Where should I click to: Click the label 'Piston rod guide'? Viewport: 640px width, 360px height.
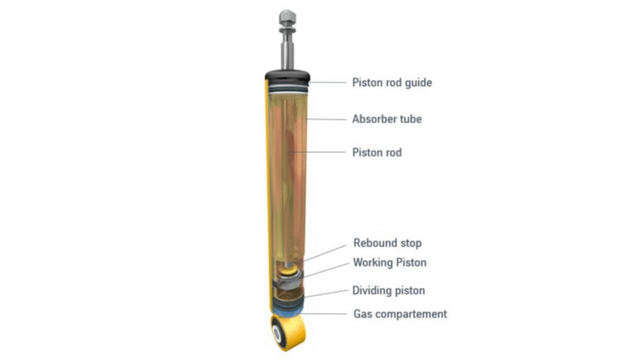coord(392,82)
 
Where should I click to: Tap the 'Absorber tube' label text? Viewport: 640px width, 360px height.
coord(387,119)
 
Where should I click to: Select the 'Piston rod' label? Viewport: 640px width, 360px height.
coord(377,152)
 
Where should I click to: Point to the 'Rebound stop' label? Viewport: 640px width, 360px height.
coord(387,243)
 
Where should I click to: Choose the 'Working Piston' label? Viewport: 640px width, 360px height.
coord(389,262)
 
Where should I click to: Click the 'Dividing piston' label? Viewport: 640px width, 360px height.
coord(388,291)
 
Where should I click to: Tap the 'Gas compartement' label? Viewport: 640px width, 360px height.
coord(399,314)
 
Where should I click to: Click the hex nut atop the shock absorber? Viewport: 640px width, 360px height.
coord(288,16)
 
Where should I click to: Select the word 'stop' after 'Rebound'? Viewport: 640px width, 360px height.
coord(410,243)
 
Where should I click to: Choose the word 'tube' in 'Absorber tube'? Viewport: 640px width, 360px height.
coord(410,119)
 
